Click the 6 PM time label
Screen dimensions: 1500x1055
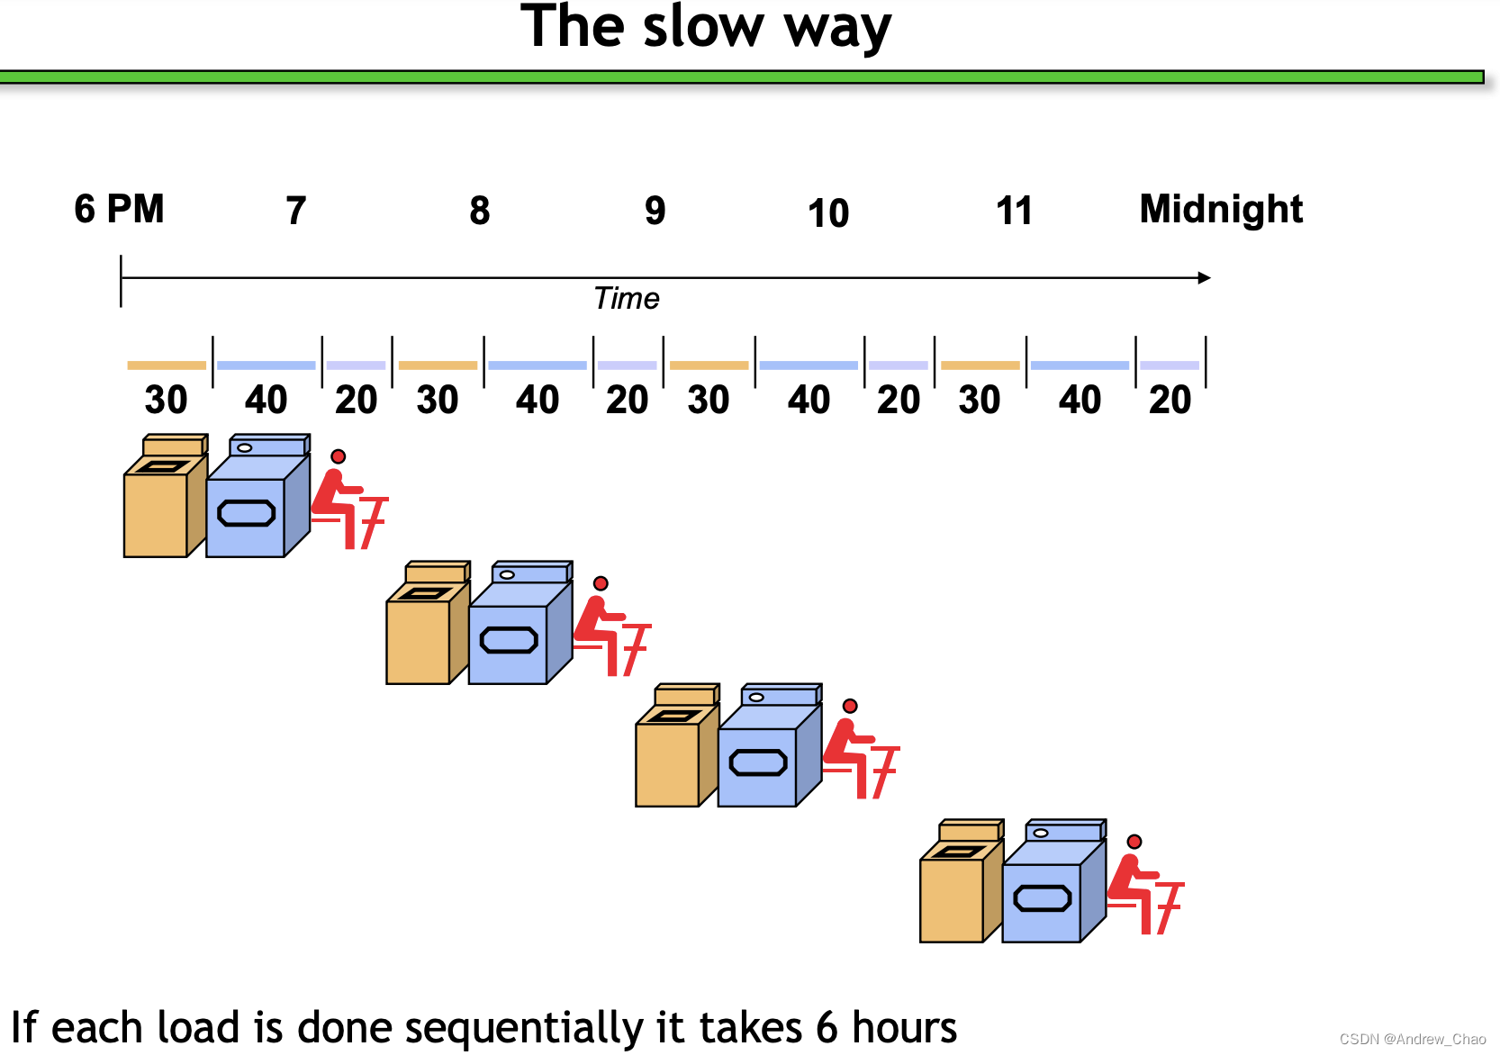pos(119,209)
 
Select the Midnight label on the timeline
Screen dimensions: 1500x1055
pos(1220,209)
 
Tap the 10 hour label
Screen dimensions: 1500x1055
pos(827,213)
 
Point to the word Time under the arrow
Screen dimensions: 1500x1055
pos(627,298)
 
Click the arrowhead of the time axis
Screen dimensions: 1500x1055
pos(1204,277)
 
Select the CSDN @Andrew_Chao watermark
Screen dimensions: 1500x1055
pos(1412,1039)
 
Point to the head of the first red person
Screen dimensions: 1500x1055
pos(338,456)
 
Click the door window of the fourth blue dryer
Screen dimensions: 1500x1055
pos(1042,898)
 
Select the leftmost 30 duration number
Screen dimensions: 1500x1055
pos(166,400)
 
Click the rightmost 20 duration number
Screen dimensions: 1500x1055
pos(1170,400)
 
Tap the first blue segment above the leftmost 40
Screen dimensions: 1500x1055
pos(266,365)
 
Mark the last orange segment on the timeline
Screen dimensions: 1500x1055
pos(980,365)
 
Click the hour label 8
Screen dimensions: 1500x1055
pos(479,211)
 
